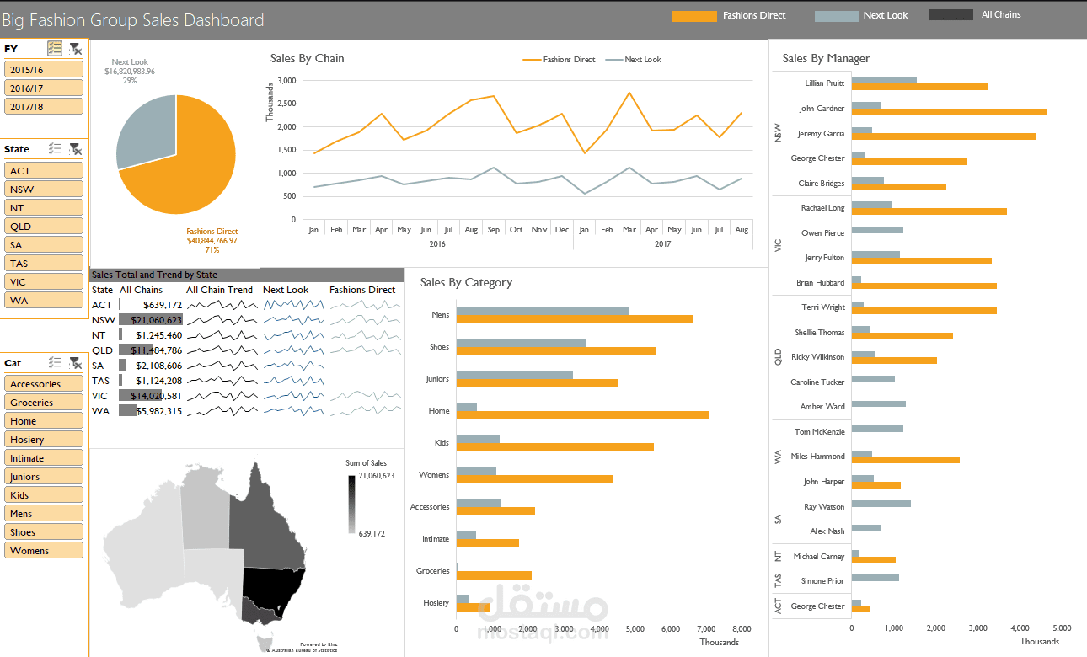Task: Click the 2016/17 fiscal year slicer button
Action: [x=44, y=88]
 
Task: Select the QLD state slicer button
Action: [x=44, y=226]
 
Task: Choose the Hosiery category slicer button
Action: [x=44, y=440]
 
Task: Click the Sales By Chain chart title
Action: [x=307, y=58]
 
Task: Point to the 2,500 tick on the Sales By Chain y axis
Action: [x=286, y=104]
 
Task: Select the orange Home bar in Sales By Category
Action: [x=581, y=414]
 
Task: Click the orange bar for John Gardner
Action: [x=948, y=112]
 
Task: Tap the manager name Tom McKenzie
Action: [x=819, y=431]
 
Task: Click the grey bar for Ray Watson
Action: [x=881, y=504]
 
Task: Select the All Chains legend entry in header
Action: [x=1000, y=15]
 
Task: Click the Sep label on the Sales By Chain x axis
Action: [x=493, y=230]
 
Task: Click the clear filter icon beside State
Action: [x=75, y=149]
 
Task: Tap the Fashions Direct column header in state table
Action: [x=362, y=290]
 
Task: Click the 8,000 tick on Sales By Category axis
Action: [x=741, y=628]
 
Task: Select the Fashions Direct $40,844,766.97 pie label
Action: [x=212, y=241]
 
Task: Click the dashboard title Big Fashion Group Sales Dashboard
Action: [x=133, y=20]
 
